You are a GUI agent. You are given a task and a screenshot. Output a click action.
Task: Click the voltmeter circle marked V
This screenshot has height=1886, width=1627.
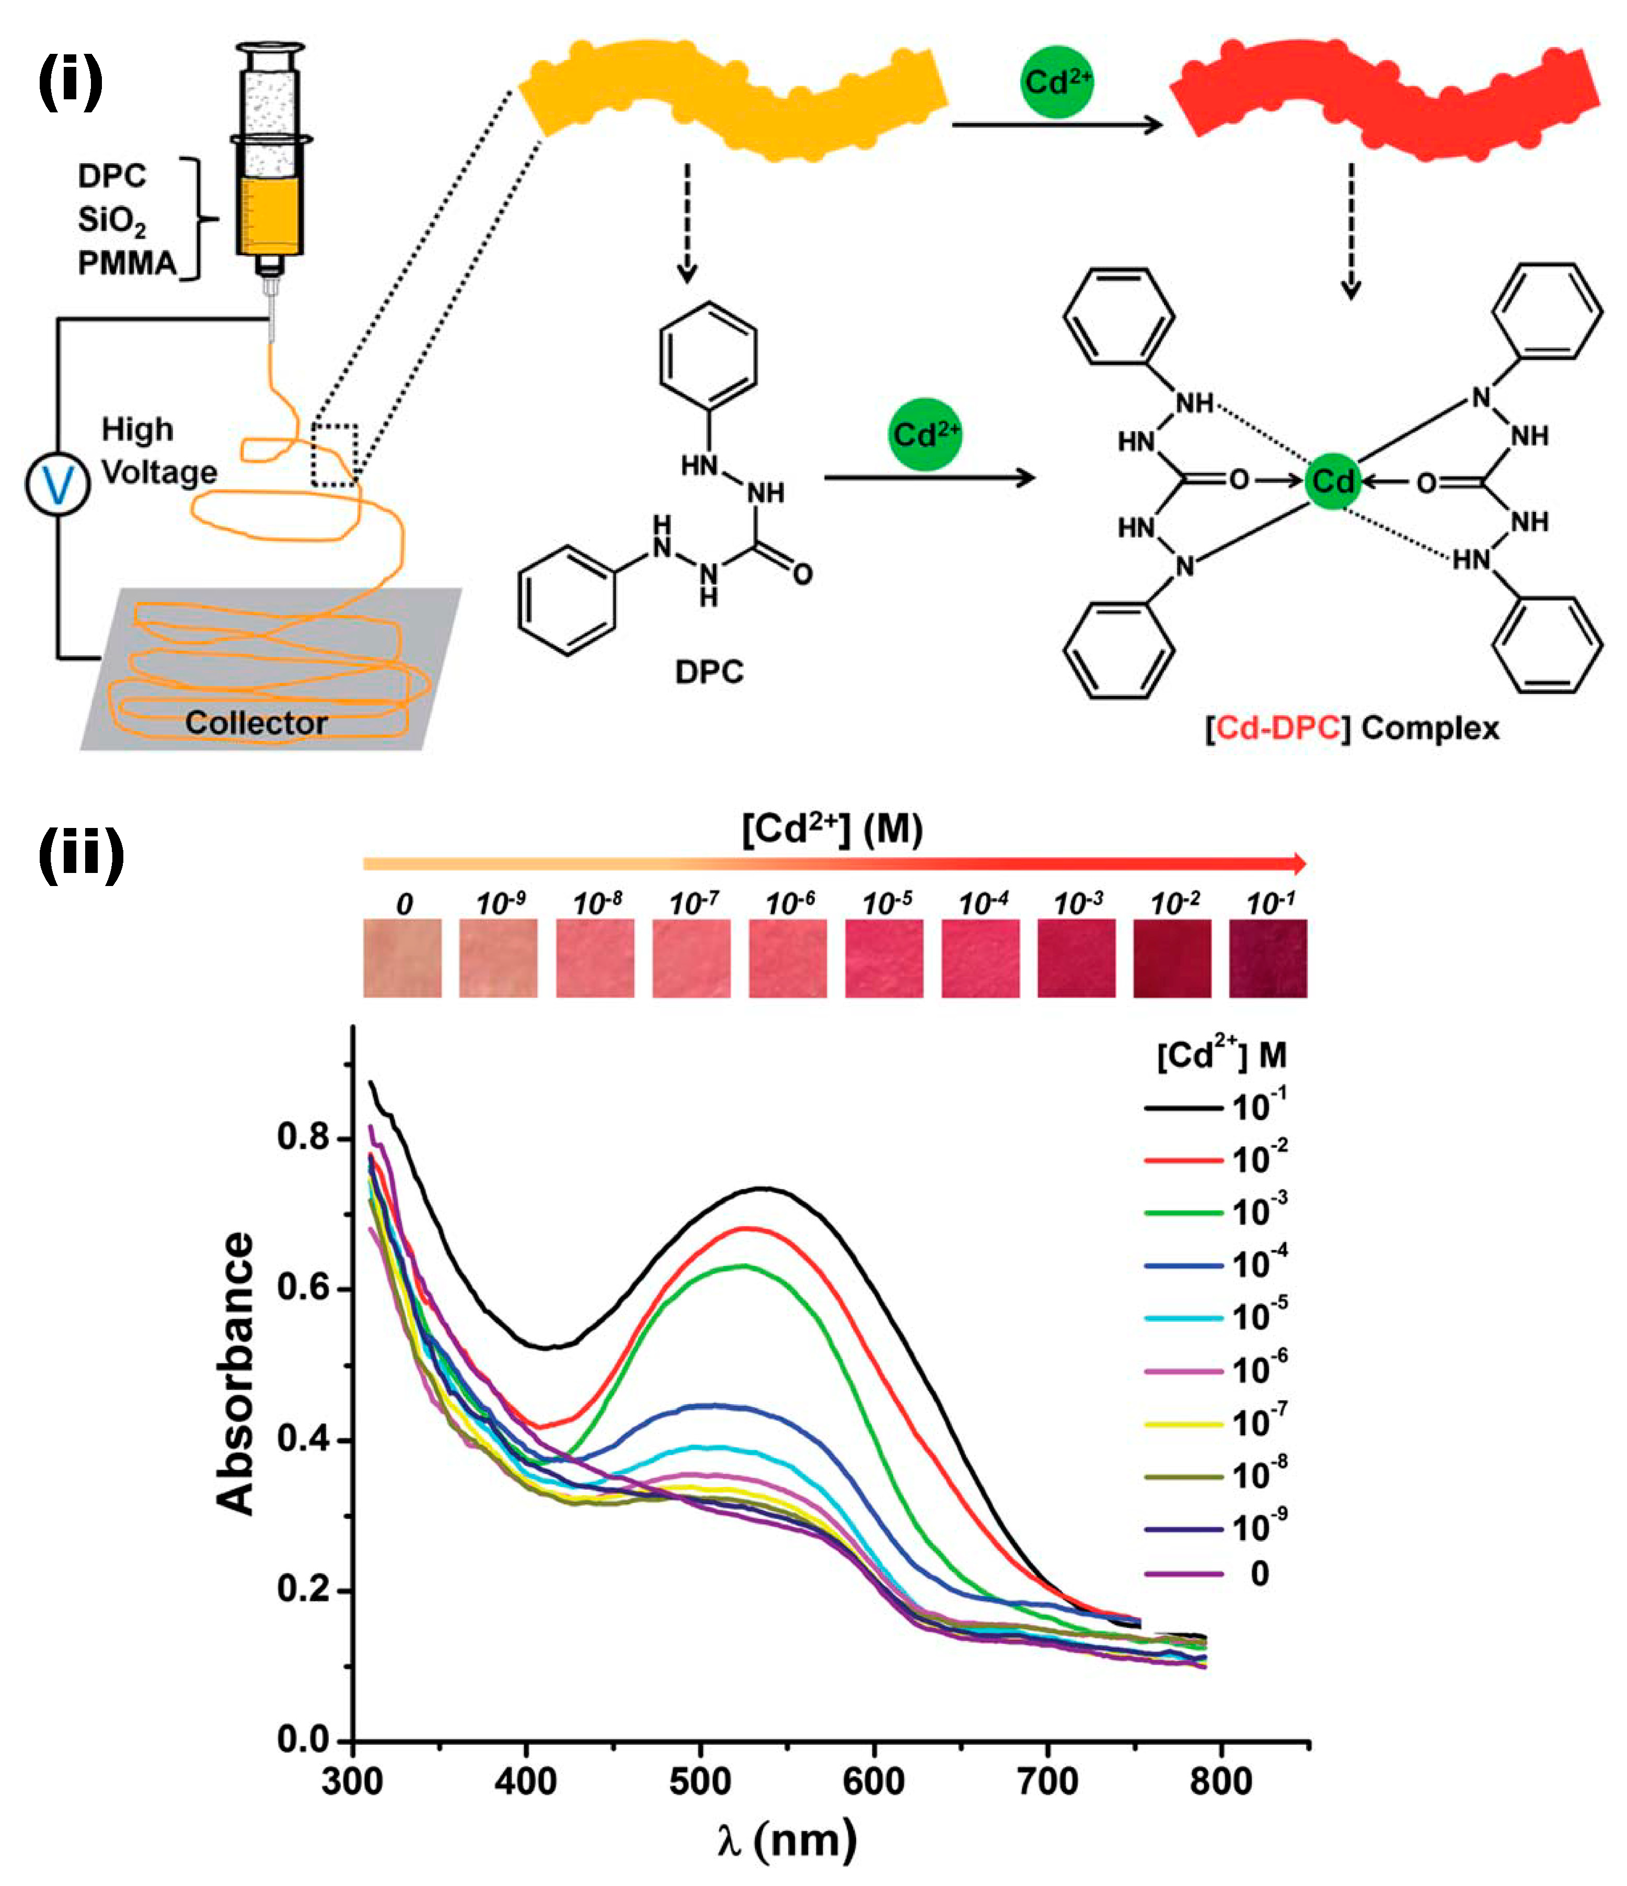click(x=57, y=484)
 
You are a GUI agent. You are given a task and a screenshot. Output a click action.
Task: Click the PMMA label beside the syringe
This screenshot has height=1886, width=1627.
click(x=126, y=263)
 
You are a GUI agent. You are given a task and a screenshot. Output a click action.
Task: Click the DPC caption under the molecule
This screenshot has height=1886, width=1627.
click(x=709, y=672)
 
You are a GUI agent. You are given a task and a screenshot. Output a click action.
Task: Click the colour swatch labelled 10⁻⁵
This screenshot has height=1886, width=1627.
click(x=884, y=958)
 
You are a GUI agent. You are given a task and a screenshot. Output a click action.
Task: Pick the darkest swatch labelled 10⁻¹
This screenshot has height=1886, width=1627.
click(x=1267, y=958)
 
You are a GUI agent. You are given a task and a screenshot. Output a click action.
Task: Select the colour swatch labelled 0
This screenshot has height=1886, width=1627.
click(x=402, y=958)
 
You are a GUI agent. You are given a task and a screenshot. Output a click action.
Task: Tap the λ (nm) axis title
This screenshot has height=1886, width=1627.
click(x=786, y=1841)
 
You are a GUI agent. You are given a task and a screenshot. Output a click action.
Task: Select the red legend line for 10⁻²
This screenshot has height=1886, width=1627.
click(x=1183, y=1160)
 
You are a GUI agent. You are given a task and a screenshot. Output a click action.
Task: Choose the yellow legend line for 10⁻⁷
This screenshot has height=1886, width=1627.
click(x=1183, y=1423)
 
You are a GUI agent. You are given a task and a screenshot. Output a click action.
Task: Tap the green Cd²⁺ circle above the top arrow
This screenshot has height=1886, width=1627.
click(x=1056, y=83)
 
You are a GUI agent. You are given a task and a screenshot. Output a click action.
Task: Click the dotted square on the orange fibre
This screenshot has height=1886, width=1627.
click(x=334, y=454)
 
